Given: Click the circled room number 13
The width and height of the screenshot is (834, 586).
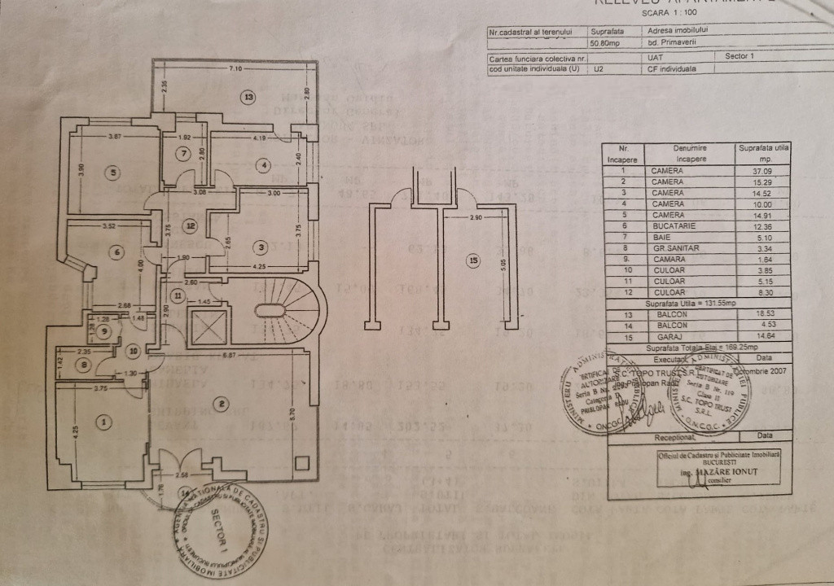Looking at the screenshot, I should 248,97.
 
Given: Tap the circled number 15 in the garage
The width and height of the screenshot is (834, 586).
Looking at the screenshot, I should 473,260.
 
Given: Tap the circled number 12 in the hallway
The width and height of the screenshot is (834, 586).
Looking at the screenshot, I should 189,225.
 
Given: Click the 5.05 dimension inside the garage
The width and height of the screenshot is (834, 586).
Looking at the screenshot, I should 503,263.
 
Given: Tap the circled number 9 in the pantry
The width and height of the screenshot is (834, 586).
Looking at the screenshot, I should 103,330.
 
